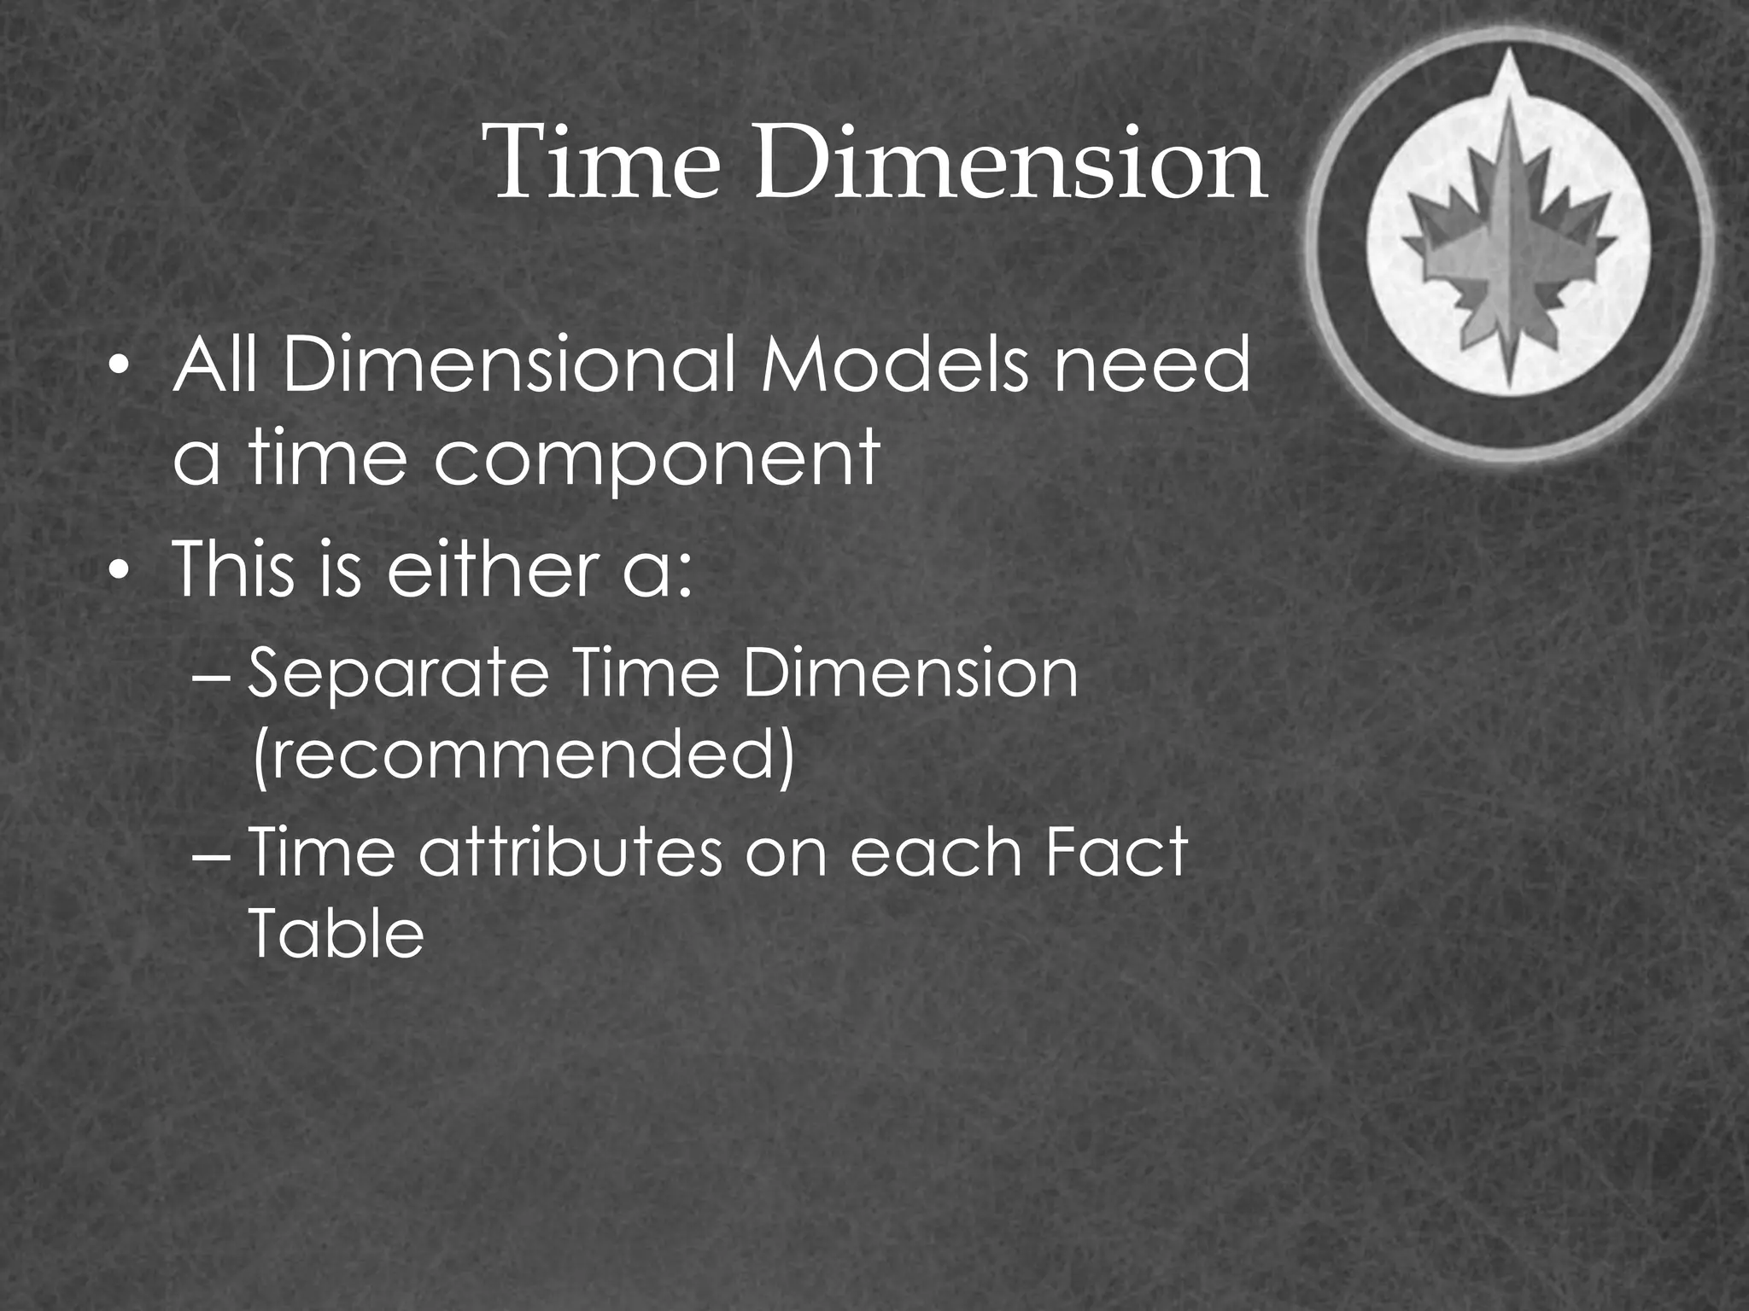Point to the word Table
point(336,933)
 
